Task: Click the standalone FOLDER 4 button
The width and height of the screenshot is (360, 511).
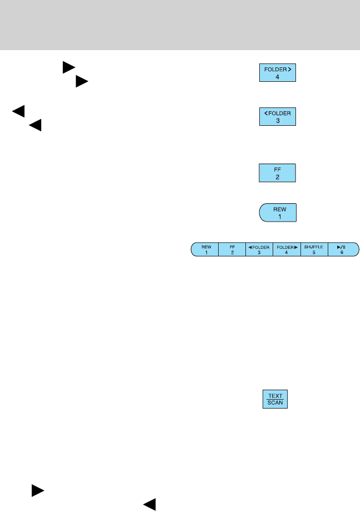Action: pos(278,73)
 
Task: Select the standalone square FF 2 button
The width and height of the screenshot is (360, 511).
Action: pos(278,173)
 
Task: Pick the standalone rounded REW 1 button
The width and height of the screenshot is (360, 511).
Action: pos(278,213)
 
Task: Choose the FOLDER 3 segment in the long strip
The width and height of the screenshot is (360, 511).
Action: pos(259,248)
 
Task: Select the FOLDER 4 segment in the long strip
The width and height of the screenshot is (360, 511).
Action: pos(287,248)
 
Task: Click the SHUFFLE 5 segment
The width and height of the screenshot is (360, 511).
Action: pos(314,248)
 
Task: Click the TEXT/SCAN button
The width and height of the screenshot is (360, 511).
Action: pos(275,399)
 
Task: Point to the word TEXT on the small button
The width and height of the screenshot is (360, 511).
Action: pos(275,395)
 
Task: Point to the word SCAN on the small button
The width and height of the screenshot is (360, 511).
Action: pos(275,403)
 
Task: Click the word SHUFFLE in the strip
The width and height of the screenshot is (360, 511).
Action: pos(314,245)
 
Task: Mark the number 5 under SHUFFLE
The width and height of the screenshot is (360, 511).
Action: pos(314,252)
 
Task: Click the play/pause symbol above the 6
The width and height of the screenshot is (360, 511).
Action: pos(341,245)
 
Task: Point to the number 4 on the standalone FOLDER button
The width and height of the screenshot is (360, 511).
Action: pos(278,77)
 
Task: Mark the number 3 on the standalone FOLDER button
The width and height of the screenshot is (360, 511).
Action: pos(278,123)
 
